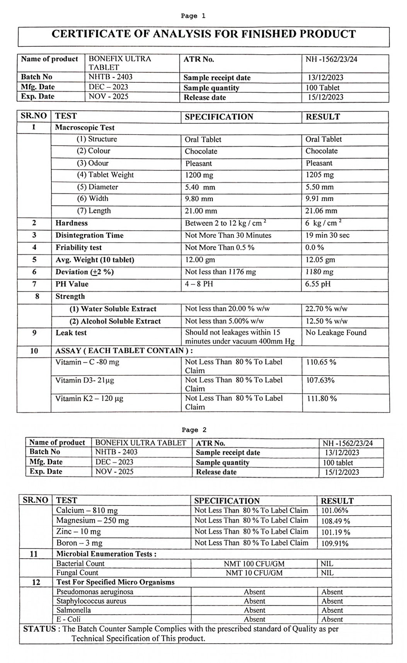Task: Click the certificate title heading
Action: click(x=203, y=34)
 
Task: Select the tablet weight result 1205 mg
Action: click(x=319, y=175)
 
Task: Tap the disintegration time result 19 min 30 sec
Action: click(x=327, y=235)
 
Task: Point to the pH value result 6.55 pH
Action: click(x=318, y=284)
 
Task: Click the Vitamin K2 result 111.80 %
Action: click(x=322, y=398)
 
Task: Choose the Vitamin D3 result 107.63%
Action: click(x=320, y=380)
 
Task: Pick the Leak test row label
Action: click(x=71, y=333)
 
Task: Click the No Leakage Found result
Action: click(x=335, y=332)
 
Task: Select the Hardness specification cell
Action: click(x=225, y=223)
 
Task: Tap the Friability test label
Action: click(x=78, y=247)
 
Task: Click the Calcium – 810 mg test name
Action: click(x=87, y=510)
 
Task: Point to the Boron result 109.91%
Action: click(x=335, y=543)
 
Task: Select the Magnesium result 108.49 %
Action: click(x=335, y=521)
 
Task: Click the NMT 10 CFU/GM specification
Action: click(x=254, y=573)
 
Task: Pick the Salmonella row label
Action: click(x=73, y=610)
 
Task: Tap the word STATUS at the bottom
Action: click(x=39, y=629)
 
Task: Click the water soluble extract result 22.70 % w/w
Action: click(x=326, y=308)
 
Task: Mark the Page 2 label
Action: click(x=194, y=430)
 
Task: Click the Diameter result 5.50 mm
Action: click(x=319, y=187)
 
